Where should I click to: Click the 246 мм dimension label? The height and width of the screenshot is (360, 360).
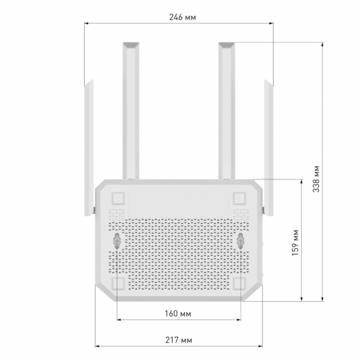click(180, 17)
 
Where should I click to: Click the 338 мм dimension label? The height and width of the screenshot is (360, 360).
click(316, 178)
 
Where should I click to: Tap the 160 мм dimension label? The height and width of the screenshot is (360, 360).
click(179, 315)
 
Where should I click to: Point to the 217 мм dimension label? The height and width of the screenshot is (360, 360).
click(179, 338)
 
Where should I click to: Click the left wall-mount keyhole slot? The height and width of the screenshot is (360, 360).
click(117, 240)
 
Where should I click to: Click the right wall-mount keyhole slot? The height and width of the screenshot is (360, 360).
click(241, 240)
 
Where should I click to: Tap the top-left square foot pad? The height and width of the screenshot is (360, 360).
click(117, 198)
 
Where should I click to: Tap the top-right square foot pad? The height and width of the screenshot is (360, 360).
click(240, 198)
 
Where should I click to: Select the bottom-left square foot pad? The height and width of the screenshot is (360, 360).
click(117, 283)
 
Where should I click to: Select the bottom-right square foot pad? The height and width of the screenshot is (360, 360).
click(240, 283)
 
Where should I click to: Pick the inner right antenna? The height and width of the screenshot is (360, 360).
click(228, 111)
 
